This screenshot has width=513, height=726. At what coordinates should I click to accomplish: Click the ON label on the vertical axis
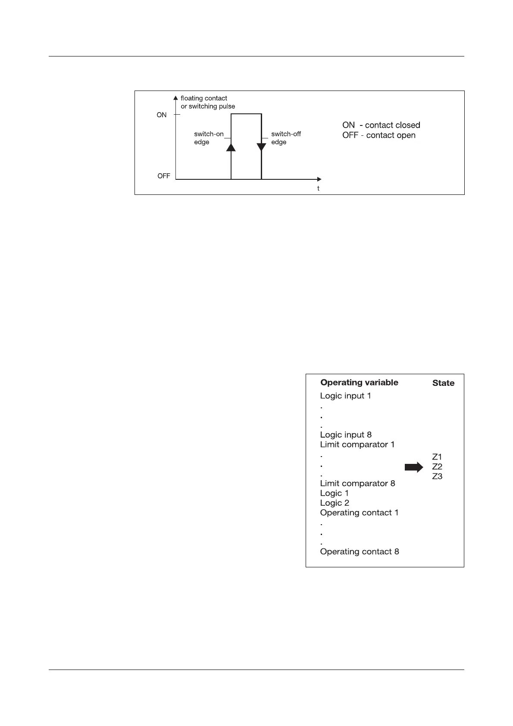(162, 115)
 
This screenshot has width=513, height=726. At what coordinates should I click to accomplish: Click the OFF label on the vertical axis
(164, 176)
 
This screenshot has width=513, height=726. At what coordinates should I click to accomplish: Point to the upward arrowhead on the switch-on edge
(231, 147)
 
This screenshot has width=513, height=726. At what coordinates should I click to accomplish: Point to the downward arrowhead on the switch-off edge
(261, 147)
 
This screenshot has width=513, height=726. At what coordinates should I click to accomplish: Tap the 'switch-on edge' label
(209, 138)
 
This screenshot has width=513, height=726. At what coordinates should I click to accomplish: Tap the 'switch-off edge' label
(286, 138)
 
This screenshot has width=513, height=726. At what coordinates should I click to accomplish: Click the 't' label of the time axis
(318, 188)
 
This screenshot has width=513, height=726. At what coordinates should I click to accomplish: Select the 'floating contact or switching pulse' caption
(208, 102)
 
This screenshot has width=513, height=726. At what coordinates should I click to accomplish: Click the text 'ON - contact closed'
(381, 125)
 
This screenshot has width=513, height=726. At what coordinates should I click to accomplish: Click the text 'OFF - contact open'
(379, 135)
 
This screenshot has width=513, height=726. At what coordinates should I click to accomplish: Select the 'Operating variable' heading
(359, 382)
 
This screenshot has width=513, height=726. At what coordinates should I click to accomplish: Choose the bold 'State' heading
(443, 383)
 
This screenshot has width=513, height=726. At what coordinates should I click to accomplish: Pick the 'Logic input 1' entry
(345, 396)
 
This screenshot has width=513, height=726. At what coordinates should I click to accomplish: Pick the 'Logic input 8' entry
(346, 435)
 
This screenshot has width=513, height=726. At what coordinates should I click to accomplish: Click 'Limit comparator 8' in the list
(357, 483)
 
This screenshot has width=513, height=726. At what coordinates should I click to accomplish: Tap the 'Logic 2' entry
(335, 503)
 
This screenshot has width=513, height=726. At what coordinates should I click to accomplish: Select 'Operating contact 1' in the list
(359, 513)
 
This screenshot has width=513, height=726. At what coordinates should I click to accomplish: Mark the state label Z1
(437, 457)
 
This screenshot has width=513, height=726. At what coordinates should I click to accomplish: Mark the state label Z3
(437, 476)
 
